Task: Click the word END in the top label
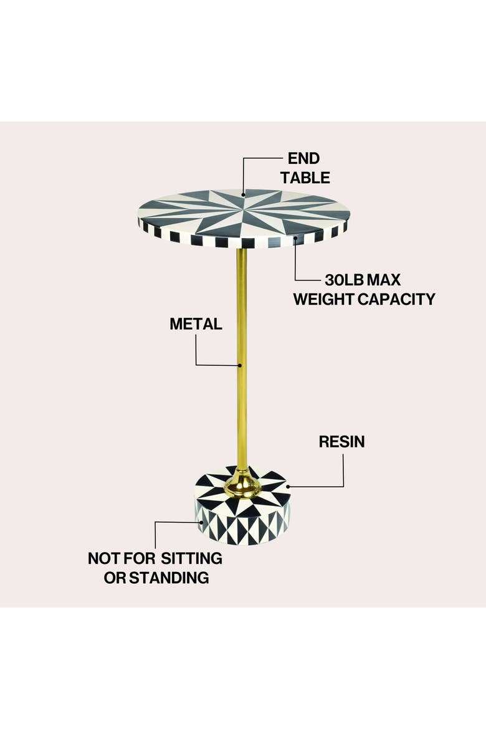pyautogui.click(x=303, y=158)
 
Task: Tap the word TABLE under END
pyautogui.click(x=305, y=178)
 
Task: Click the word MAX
pyautogui.click(x=384, y=280)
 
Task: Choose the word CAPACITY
pyautogui.click(x=397, y=299)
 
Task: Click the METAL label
pyautogui.click(x=196, y=324)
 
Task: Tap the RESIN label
pyautogui.click(x=342, y=442)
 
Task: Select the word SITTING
pyautogui.click(x=192, y=558)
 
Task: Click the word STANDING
pyautogui.click(x=169, y=578)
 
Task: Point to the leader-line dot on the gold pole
pyautogui.click(x=241, y=365)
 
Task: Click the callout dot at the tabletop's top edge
pyautogui.click(x=243, y=194)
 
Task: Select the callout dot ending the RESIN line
pyautogui.click(x=288, y=486)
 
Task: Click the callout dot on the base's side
pyautogui.click(x=201, y=522)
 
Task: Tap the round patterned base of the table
pyautogui.click(x=242, y=507)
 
